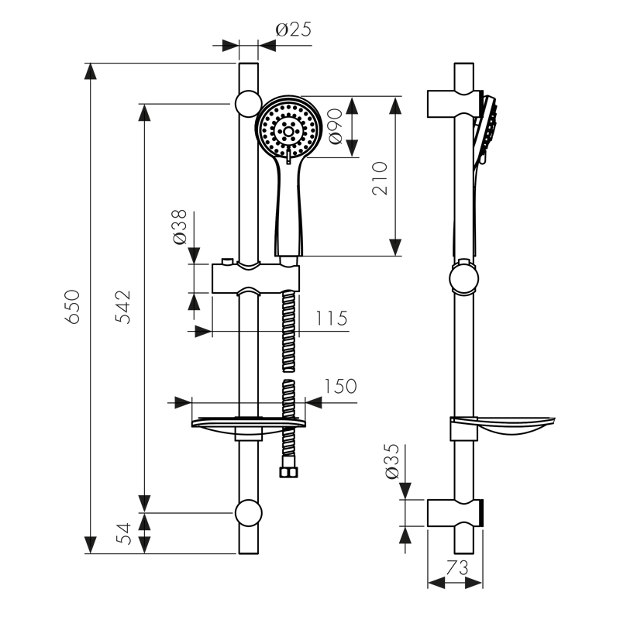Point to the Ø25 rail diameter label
click(294, 30)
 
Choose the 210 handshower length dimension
click(379, 177)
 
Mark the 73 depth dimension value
click(457, 568)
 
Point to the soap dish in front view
click(248, 422)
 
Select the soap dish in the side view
click(504, 425)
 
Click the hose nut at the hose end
click(288, 470)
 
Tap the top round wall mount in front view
click(247, 103)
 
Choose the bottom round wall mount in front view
click(248, 512)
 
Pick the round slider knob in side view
click(463, 278)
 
